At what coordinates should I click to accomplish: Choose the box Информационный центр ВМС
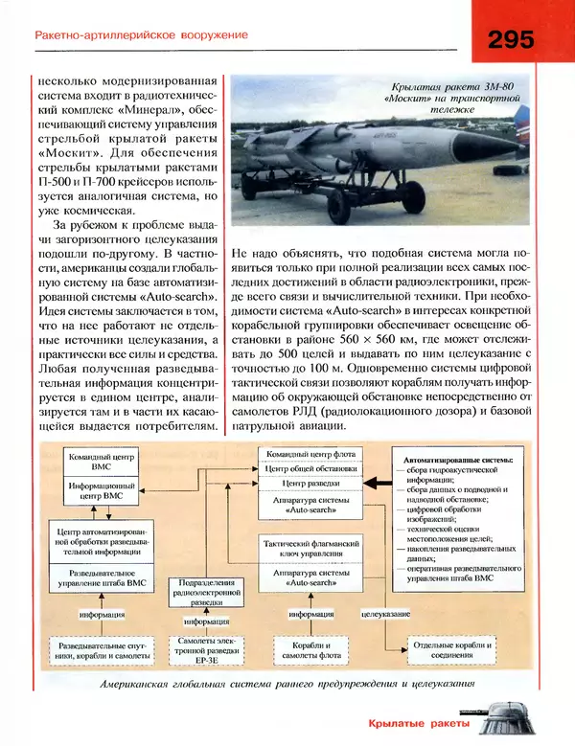pyautogui.click(x=103, y=492)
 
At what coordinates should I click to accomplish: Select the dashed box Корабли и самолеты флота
pyautogui.click(x=310, y=651)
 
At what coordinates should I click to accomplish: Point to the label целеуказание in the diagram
pyautogui.click(x=385, y=614)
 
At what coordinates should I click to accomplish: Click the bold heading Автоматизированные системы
pyautogui.click(x=459, y=460)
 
